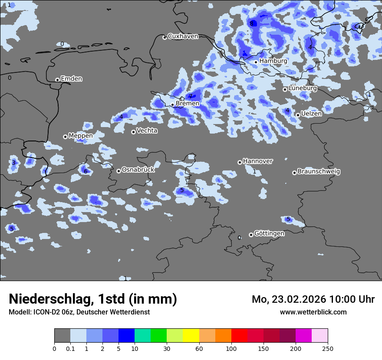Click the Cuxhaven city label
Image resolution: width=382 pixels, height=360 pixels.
(183, 36)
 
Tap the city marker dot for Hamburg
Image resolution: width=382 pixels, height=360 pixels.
(256, 62)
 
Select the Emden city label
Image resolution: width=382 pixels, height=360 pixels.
(71, 79)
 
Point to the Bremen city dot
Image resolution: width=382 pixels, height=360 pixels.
(172, 105)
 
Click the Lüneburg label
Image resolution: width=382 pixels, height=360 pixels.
(303, 88)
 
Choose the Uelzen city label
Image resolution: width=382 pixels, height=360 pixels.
(311, 114)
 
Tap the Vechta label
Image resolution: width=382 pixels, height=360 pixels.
(147, 131)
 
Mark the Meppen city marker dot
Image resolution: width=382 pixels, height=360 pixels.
(65, 137)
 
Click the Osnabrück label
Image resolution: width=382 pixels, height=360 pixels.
(138, 170)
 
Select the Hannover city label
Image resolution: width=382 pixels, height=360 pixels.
(258, 161)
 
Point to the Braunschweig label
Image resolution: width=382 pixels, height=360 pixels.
(319, 172)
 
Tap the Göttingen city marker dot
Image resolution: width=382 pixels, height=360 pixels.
(251, 235)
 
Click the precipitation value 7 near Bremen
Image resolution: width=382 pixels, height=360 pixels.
(191, 96)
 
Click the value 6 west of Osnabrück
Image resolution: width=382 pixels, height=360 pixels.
(86, 171)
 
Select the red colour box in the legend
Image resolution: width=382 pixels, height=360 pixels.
(239, 336)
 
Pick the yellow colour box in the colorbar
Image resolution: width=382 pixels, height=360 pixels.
(191, 336)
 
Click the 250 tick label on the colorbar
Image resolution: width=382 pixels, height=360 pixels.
(328, 348)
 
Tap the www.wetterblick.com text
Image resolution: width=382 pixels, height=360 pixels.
(313, 312)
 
